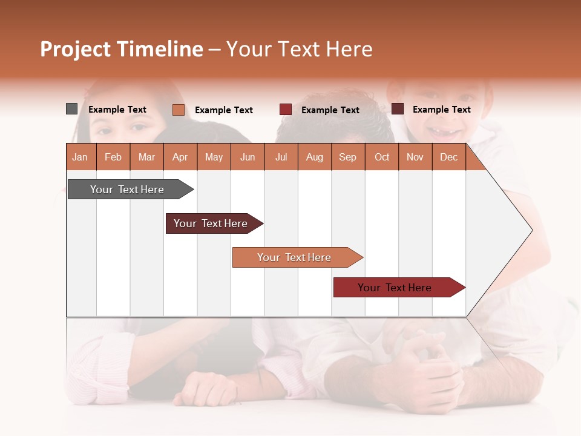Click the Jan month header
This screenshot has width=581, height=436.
(x=80, y=157)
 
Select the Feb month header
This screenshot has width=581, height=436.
(x=113, y=157)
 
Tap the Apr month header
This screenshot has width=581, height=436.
(x=180, y=157)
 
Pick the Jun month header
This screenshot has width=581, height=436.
(x=248, y=157)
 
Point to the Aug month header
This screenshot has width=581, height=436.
(x=315, y=157)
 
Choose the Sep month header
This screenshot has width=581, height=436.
(x=348, y=157)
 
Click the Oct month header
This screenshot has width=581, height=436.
(x=382, y=157)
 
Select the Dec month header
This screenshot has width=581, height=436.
(x=449, y=157)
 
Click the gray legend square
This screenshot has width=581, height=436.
(x=71, y=109)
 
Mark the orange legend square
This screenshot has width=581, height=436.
(x=178, y=110)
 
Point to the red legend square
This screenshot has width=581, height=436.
(x=286, y=110)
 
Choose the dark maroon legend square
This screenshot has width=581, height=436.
(x=398, y=109)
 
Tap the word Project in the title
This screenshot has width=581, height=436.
(x=76, y=49)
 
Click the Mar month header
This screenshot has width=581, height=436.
(x=146, y=157)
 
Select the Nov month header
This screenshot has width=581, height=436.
(x=415, y=157)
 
